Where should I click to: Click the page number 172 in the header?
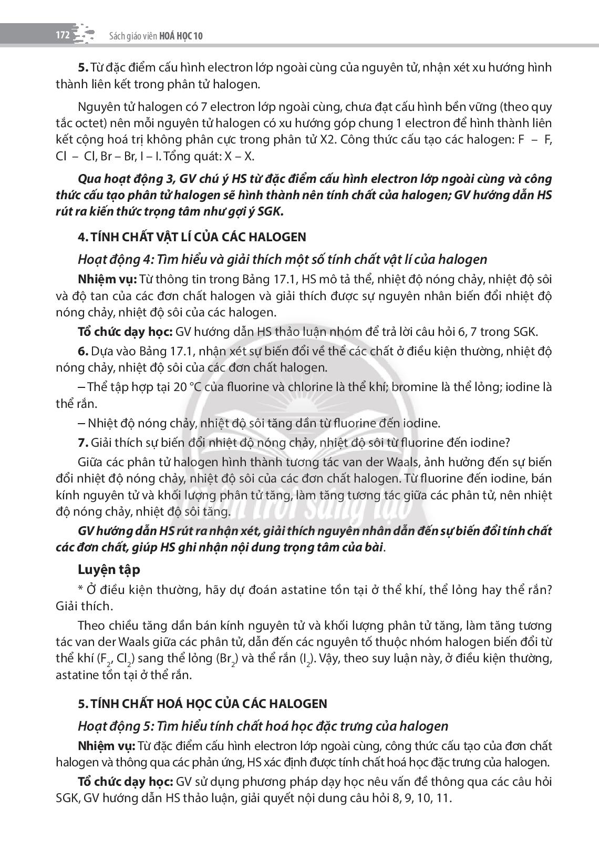63,35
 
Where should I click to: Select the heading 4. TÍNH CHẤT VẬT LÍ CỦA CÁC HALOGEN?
192,237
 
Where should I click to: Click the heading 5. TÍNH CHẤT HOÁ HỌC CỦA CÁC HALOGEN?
202,703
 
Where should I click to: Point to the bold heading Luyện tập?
109,569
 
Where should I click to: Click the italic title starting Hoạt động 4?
282,259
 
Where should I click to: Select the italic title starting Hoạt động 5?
263,726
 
